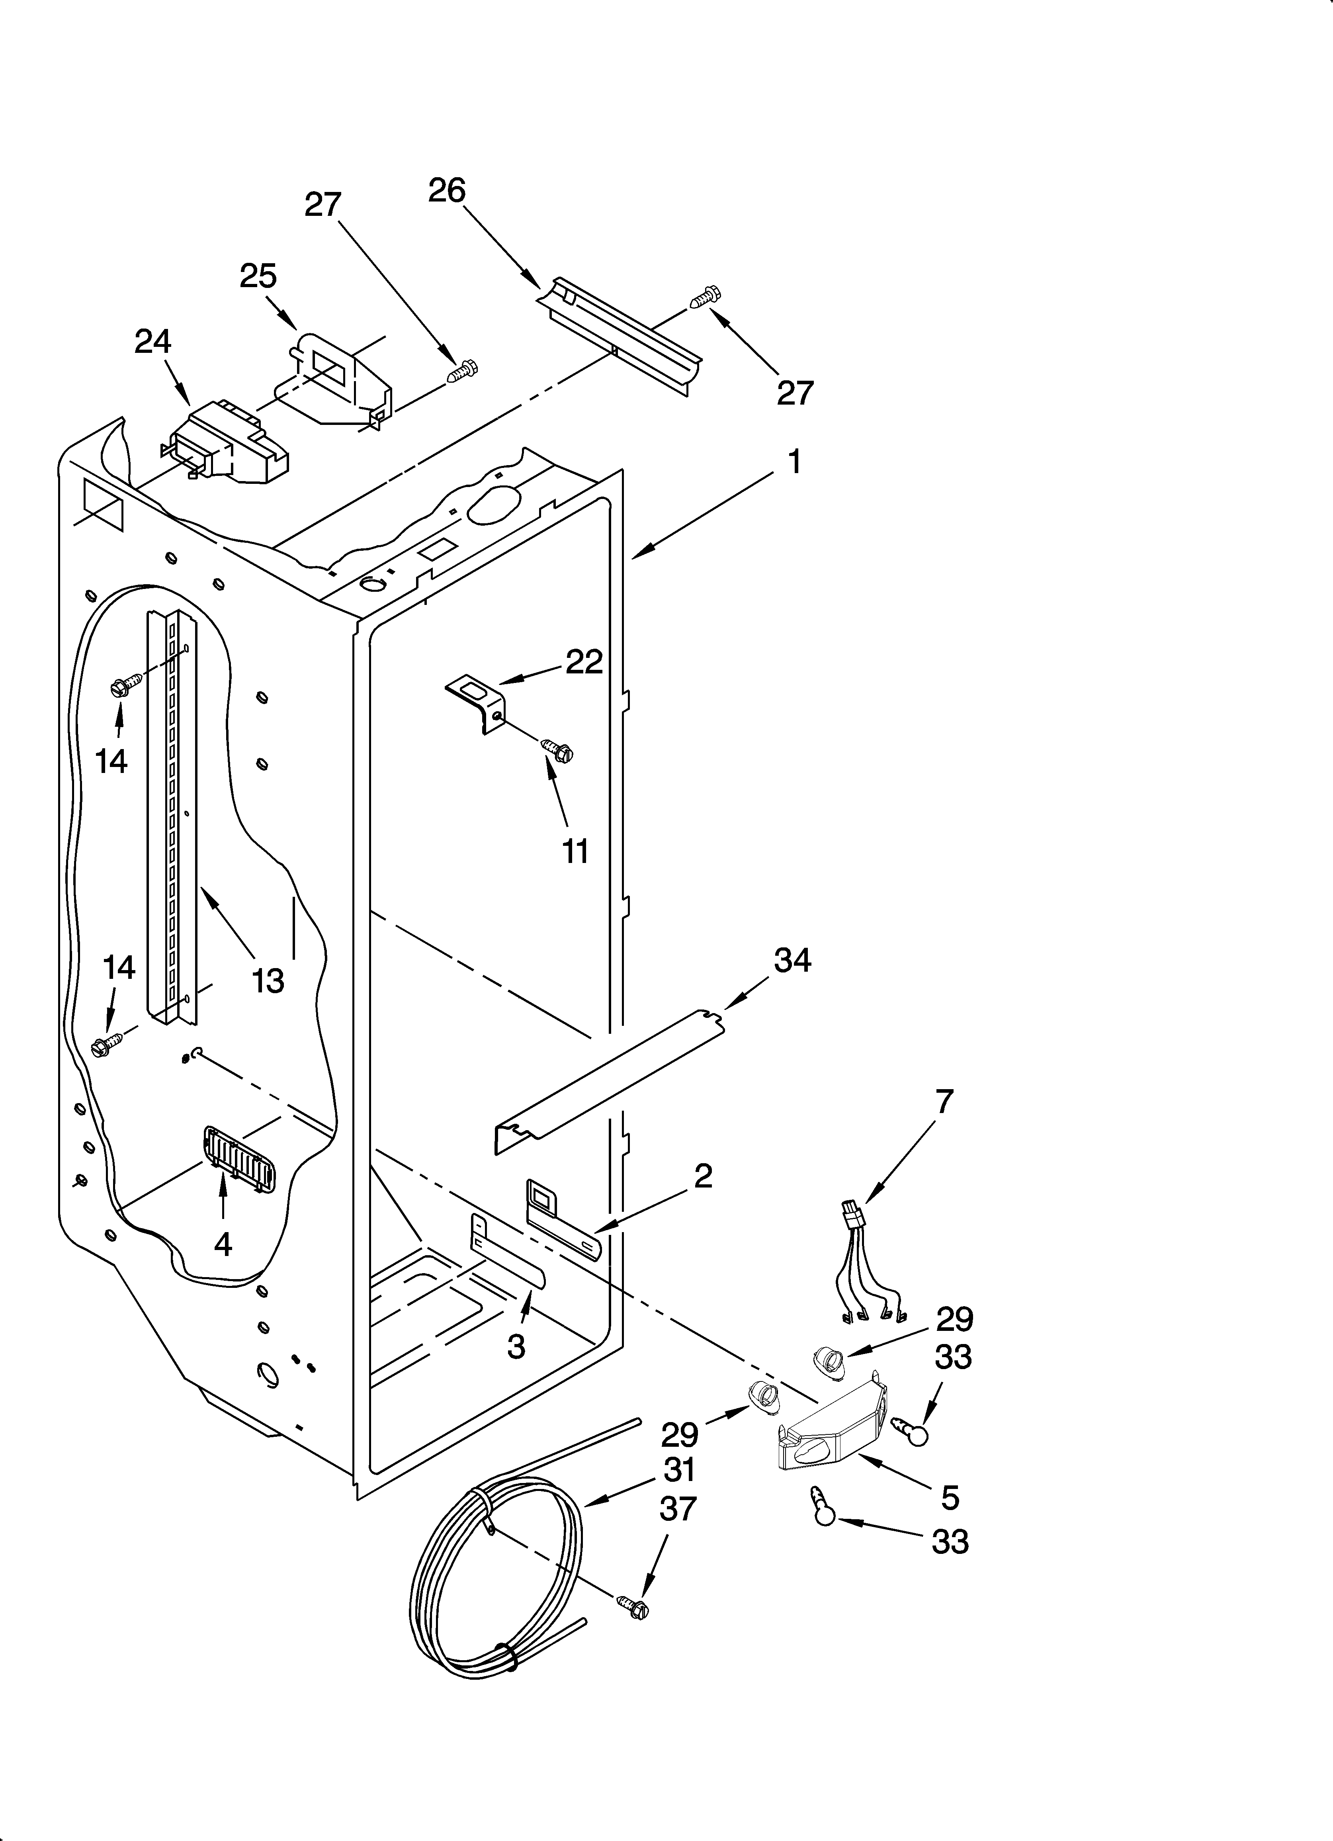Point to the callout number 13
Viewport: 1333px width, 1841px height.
point(267,980)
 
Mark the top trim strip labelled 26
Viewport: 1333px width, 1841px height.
point(621,335)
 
